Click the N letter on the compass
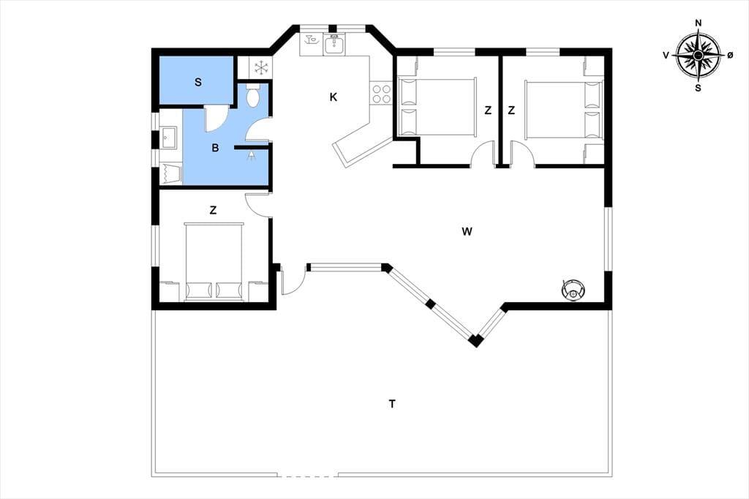coord(699,23)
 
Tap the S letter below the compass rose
coord(698,88)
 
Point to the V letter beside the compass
coord(666,56)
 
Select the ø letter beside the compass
coord(730,56)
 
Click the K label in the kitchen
coord(334,97)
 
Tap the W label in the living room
coord(467,232)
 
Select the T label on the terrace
coord(392,405)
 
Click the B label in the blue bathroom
coord(215,149)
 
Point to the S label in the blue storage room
coord(197,82)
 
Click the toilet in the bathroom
coord(253,95)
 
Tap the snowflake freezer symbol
coord(261,67)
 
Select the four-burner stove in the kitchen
coord(381,94)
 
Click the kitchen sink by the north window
coord(334,45)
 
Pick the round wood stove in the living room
coord(573,289)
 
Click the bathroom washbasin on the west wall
coord(168,138)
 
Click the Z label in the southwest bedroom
coord(213,210)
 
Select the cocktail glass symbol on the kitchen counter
coord(311,39)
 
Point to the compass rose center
coord(698,56)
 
